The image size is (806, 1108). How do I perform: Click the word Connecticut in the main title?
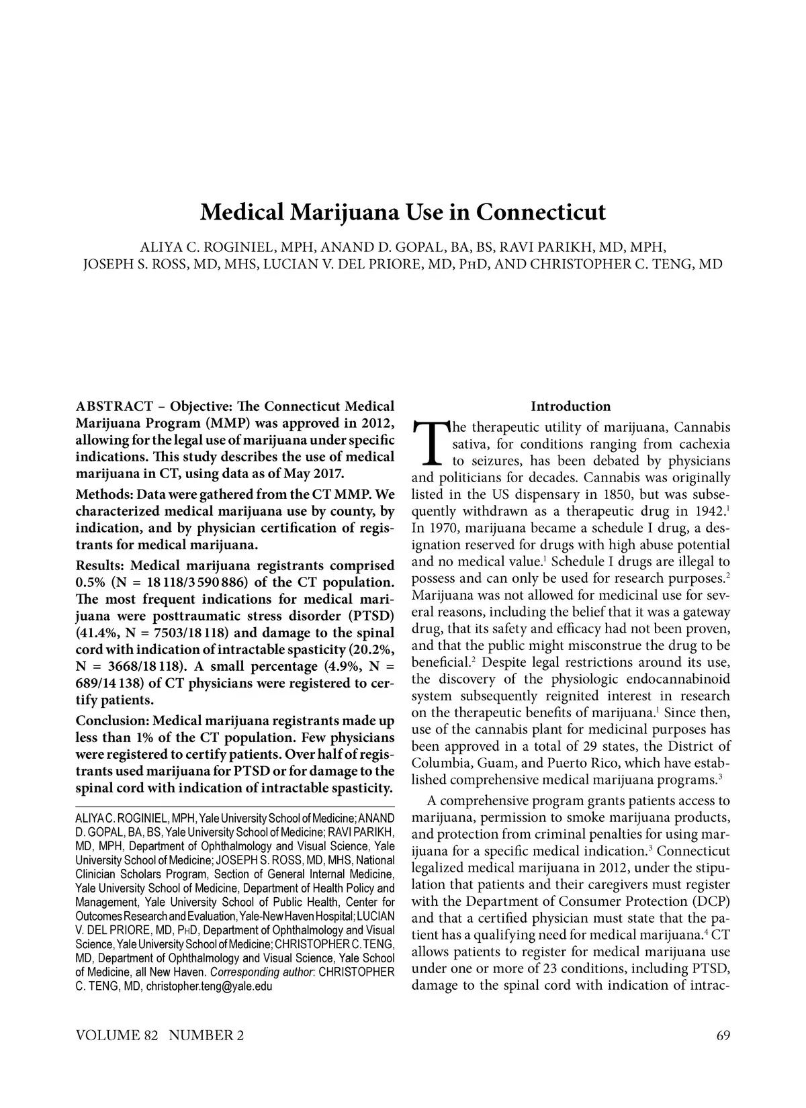541,212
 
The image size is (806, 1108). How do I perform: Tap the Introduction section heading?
570,406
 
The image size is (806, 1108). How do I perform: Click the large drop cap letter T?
429,444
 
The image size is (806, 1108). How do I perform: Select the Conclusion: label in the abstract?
113,721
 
